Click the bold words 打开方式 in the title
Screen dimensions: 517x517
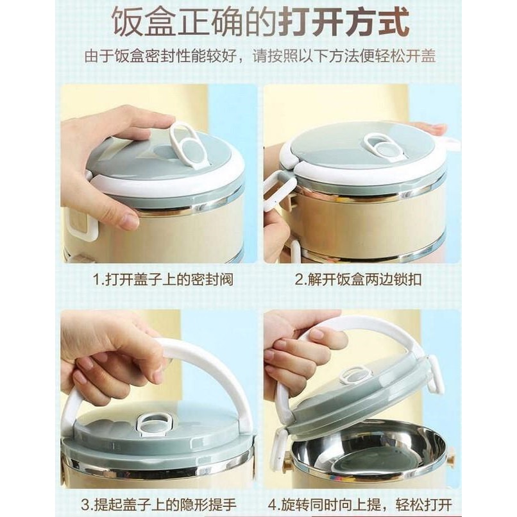[x=344, y=23]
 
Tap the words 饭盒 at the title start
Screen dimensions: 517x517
[x=144, y=23]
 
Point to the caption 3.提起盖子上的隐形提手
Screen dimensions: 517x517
[x=159, y=505]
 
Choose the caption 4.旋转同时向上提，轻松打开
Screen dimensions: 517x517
[x=360, y=505]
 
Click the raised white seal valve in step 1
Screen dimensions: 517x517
[x=186, y=145]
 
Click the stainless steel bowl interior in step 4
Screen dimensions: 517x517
[x=366, y=457]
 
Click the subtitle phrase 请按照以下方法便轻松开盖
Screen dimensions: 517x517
[x=344, y=56]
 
